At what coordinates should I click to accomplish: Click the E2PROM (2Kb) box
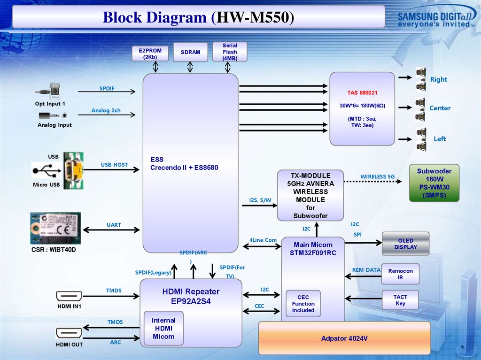click(150, 54)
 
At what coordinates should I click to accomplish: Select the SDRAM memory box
click(190, 52)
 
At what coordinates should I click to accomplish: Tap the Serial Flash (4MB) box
click(230, 52)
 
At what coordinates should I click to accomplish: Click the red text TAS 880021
click(362, 92)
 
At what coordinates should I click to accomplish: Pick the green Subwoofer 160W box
click(434, 183)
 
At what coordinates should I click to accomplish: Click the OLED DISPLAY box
click(405, 244)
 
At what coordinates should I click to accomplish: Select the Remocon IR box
click(400, 274)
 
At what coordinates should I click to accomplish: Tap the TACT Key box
click(400, 300)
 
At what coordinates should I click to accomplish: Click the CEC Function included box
click(303, 304)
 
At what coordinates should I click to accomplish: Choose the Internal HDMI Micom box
click(163, 328)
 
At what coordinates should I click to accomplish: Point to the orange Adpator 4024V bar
click(344, 338)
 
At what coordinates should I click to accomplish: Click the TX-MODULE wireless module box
click(310, 195)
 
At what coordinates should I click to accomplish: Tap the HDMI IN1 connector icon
click(69, 296)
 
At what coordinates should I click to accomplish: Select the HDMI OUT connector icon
click(69, 333)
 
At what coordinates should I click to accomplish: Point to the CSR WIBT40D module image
click(55, 228)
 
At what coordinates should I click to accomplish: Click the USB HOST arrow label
click(114, 165)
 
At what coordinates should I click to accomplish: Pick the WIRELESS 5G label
click(378, 176)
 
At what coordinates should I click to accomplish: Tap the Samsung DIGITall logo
click(434, 19)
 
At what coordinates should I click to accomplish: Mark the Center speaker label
click(440, 108)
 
